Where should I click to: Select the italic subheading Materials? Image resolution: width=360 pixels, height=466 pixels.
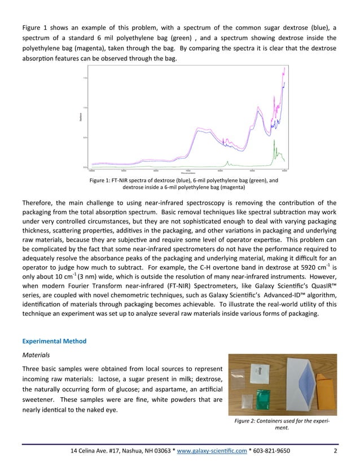(37, 356)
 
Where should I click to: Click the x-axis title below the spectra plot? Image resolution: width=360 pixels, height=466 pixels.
(188, 172)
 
